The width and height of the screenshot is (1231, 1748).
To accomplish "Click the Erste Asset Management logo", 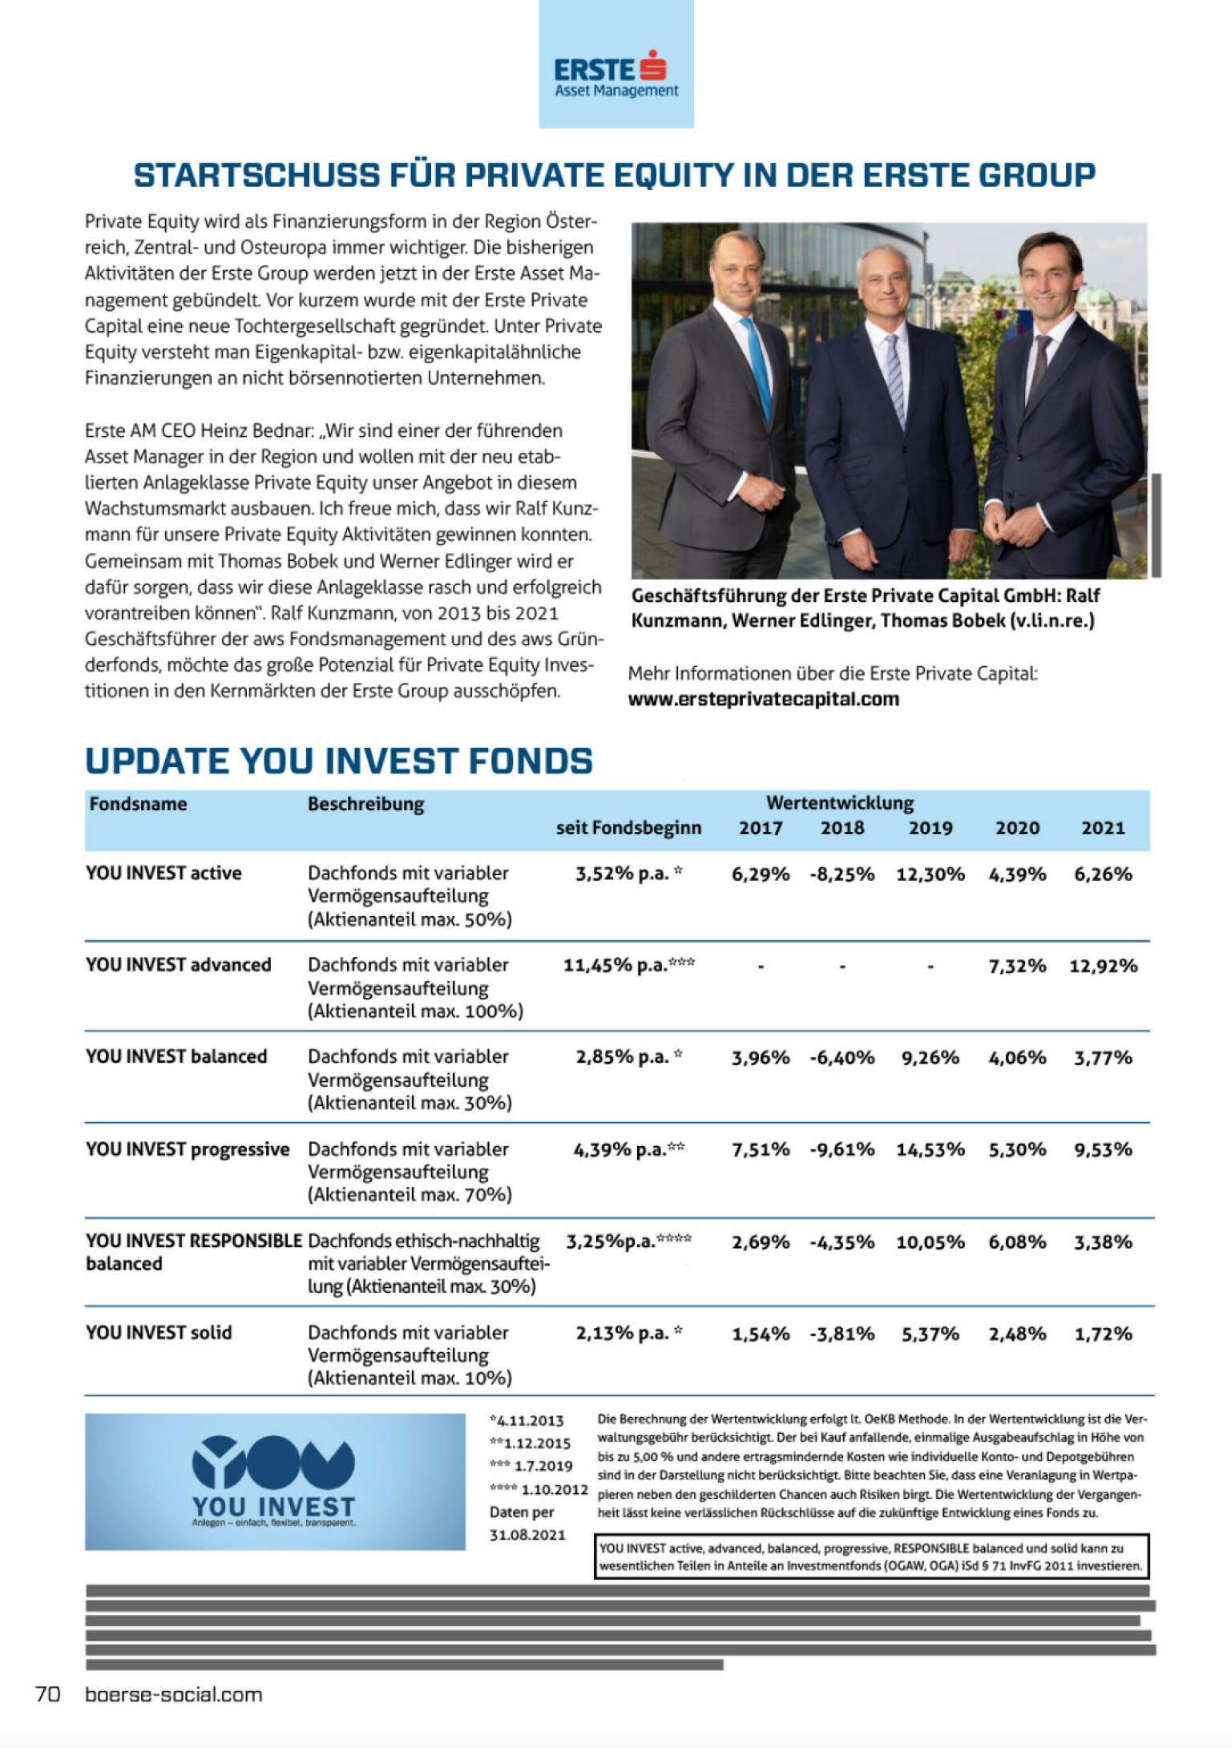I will [x=615, y=76].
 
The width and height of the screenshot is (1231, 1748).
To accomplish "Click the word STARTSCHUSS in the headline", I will [x=256, y=176].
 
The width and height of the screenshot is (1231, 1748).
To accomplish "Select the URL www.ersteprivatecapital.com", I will [x=763, y=699].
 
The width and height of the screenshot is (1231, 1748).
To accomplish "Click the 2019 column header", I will [x=930, y=828].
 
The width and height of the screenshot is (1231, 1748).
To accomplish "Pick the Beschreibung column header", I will [x=365, y=804].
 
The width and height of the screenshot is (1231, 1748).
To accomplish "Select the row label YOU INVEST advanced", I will [x=178, y=964].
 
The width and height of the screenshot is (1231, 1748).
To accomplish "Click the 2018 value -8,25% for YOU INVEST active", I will [x=842, y=874].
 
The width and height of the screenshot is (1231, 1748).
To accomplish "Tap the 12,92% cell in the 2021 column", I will [x=1103, y=966].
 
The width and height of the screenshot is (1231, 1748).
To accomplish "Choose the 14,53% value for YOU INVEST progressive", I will [x=930, y=1149].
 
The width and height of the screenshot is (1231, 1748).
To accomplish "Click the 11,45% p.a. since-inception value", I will [x=628, y=965].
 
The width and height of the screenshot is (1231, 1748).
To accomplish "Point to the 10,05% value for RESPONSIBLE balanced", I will [x=930, y=1242].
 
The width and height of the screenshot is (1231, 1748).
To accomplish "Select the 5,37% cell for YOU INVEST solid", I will [x=930, y=1334].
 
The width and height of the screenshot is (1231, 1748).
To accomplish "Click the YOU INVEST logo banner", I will [x=275, y=1482].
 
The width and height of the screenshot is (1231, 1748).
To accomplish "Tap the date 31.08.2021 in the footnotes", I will [x=527, y=1535].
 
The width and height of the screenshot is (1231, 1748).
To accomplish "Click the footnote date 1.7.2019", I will [x=543, y=1466].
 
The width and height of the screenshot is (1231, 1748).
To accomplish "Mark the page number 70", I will [x=48, y=1694].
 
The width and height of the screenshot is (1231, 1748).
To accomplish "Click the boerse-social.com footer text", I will [x=173, y=1694].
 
